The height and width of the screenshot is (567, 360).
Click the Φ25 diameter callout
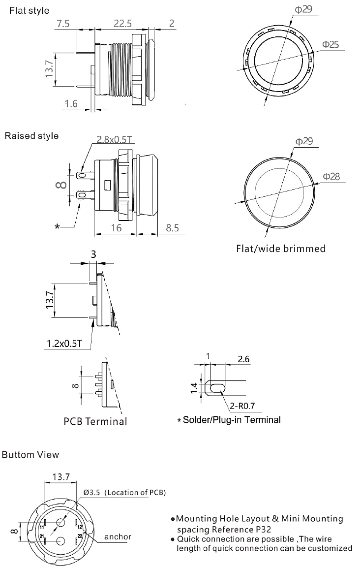click(x=330, y=44)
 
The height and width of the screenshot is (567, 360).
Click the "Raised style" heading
click(x=31, y=135)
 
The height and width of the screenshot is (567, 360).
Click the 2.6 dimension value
click(x=243, y=360)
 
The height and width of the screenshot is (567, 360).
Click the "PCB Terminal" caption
click(x=95, y=421)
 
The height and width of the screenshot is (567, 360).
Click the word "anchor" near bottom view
click(x=118, y=536)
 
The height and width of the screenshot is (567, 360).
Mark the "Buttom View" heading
click(x=30, y=454)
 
